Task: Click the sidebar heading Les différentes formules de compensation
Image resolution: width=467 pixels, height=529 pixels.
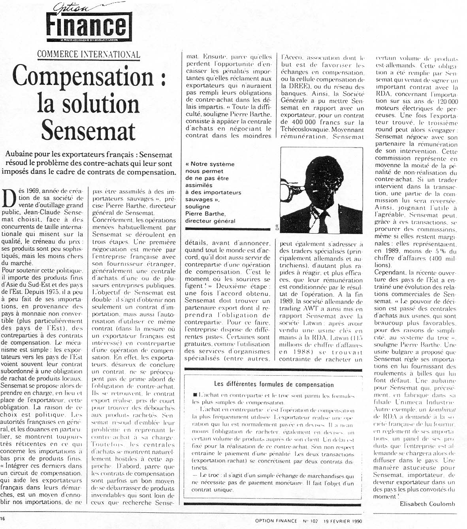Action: pos(273,384)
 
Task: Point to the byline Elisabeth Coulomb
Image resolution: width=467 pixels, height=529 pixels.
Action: pos(427,504)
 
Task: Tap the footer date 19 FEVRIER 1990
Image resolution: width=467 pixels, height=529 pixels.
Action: pos(344,521)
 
